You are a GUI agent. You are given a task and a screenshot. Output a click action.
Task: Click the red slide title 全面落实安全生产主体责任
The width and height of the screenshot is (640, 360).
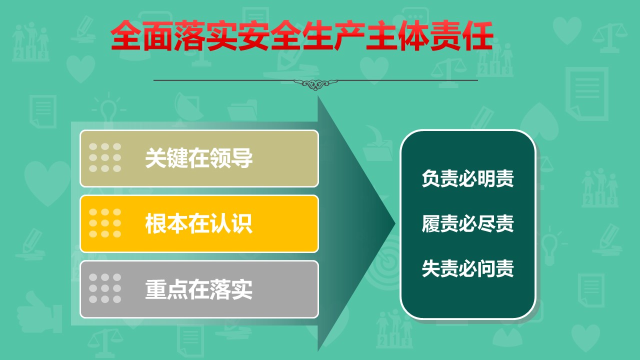click(302, 36)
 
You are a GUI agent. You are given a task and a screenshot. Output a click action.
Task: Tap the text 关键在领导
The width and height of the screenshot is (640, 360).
click(199, 158)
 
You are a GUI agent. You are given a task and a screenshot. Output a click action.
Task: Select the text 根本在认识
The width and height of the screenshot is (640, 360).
click(199, 223)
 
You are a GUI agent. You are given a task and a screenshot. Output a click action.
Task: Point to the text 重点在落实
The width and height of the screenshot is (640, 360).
click(199, 289)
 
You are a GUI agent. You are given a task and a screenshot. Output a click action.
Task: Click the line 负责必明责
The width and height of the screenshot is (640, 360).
click(467, 178)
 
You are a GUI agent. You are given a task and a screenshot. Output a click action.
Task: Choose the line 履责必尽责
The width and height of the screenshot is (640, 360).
click(467, 223)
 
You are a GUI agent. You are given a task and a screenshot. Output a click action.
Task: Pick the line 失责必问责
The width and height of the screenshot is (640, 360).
click(467, 268)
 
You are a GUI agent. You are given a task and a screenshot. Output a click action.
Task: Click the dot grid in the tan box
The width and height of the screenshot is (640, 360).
click(105, 157)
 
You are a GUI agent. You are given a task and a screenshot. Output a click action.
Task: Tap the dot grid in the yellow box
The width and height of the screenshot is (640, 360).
click(105, 223)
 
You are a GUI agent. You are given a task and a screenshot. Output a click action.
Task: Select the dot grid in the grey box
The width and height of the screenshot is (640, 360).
click(105, 288)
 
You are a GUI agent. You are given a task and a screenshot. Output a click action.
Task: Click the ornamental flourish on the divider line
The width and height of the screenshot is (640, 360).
click(315, 83)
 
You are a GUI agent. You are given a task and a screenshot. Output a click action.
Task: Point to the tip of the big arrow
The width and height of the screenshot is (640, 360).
click(395, 223)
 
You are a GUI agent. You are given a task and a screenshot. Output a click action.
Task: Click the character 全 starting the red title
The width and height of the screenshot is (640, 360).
click(126, 36)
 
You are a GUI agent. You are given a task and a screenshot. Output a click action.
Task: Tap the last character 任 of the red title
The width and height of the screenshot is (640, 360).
click(477, 36)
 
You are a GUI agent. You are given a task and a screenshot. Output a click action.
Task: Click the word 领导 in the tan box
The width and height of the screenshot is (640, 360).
click(231, 158)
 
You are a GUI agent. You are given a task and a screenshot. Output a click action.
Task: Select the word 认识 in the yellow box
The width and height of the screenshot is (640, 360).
click(231, 223)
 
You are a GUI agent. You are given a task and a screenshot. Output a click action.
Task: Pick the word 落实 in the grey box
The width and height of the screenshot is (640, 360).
click(231, 289)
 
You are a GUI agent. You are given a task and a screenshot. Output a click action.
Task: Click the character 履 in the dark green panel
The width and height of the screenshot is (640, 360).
click(431, 223)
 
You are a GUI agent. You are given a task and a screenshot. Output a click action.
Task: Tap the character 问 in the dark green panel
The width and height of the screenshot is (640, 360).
click(486, 268)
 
